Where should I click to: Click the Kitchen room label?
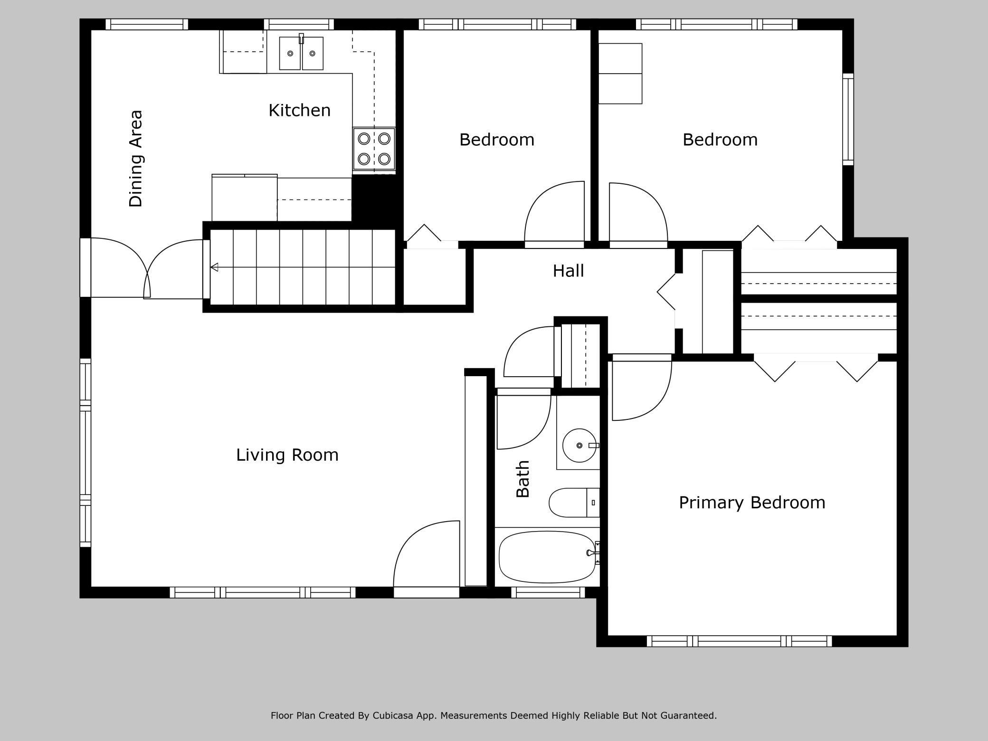click(x=299, y=110)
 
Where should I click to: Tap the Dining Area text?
click(x=136, y=159)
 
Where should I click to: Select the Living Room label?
click(x=287, y=455)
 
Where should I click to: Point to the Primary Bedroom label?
click(x=751, y=502)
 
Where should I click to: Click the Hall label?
click(x=568, y=271)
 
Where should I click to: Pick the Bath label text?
click(x=522, y=478)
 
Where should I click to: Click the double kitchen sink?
click(x=301, y=53)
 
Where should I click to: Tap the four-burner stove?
click(x=374, y=149)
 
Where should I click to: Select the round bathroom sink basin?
click(x=579, y=445)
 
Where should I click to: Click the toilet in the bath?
click(x=572, y=502)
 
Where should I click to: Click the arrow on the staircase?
click(x=215, y=267)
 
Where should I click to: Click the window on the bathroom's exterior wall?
click(x=548, y=592)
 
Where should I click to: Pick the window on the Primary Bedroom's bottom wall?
click(x=739, y=641)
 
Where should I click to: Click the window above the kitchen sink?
click(x=299, y=24)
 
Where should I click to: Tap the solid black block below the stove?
click(x=374, y=199)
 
